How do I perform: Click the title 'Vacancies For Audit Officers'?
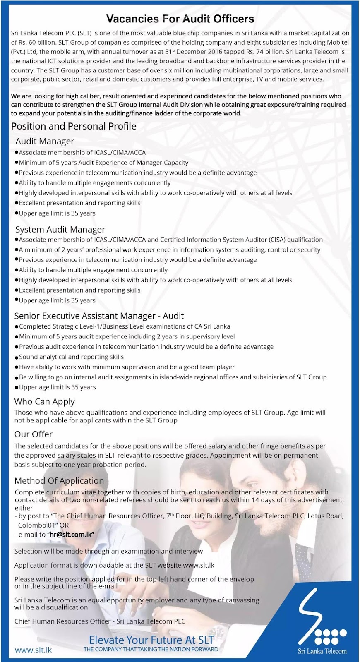pyautogui.click(x=180, y=19)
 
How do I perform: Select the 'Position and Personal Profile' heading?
pyautogui.click(x=74, y=126)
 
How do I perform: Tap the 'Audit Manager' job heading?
pyautogui.click(x=45, y=141)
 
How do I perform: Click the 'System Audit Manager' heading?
pyautogui.click(x=60, y=229)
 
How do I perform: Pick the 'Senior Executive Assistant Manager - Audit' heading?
pyautogui.click(x=99, y=316)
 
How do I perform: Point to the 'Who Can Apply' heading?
pyautogui.click(x=44, y=401)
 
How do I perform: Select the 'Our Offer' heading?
pyautogui.click(x=33, y=434)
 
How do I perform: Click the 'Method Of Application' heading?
pyautogui.click(x=59, y=481)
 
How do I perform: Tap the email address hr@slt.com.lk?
pyautogui.click(x=72, y=534)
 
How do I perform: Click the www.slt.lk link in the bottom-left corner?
pyautogui.click(x=33, y=650)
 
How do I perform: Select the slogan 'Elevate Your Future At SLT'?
pyautogui.click(x=151, y=640)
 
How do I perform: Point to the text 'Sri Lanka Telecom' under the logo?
pyautogui.click(x=322, y=651)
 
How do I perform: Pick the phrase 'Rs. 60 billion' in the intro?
pyautogui.click(x=35, y=42)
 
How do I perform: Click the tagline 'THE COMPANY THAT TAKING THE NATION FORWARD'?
pyautogui.click(x=151, y=649)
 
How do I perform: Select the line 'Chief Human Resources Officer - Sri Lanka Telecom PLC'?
pyautogui.click(x=100, y=621)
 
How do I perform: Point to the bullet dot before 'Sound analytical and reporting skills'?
pyautogui.click(x=17, y=357)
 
